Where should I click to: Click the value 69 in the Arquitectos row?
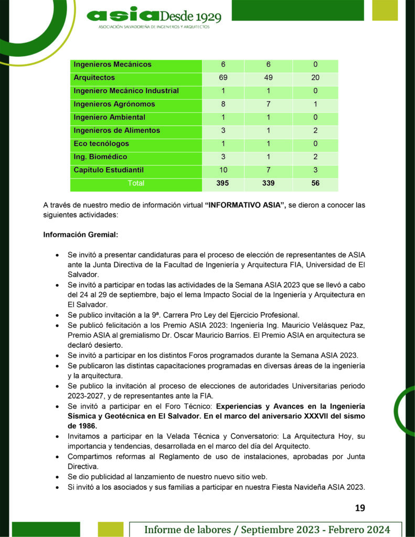[223, 78]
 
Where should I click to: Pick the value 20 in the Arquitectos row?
[315, 78]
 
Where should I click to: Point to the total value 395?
[223, 184]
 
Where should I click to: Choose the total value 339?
[268, 184]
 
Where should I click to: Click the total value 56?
[315, 184]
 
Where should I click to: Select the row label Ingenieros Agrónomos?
[114, 104]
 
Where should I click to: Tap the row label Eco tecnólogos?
[101, 144]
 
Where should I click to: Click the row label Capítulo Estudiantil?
[109, 170]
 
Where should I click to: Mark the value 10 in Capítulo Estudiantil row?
[223, 170]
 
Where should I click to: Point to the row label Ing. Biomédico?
[100, 157]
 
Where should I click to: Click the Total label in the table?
[136, 184]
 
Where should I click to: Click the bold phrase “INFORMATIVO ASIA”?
[245, 206]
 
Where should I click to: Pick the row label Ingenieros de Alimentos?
[117, 131]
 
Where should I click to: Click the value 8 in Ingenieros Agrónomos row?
[223, 104]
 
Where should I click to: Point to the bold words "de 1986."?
[82, 426]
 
